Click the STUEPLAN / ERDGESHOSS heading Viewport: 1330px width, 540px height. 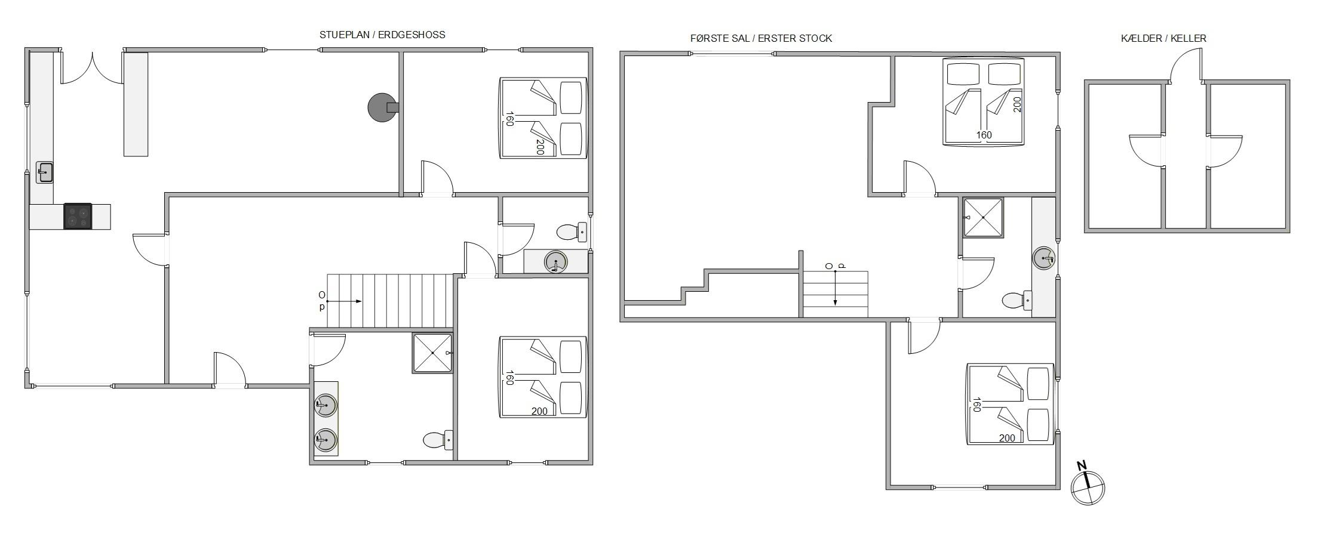coord(382,35)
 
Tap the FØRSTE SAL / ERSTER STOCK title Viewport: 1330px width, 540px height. coord(761,38)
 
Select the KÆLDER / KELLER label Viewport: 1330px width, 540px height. coord(1163,38)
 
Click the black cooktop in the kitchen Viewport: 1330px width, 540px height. coord(78,216)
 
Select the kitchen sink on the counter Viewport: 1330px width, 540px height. coord(45,172)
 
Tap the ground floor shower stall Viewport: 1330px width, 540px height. coord(432,353)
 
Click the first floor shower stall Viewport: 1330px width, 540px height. coord(983,217)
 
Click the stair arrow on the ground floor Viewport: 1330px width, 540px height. coord(344,301)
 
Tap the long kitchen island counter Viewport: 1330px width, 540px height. coord(136,104)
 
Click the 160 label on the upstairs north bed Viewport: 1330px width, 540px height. coord(984,135)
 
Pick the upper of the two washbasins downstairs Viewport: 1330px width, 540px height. coord(325,405)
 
